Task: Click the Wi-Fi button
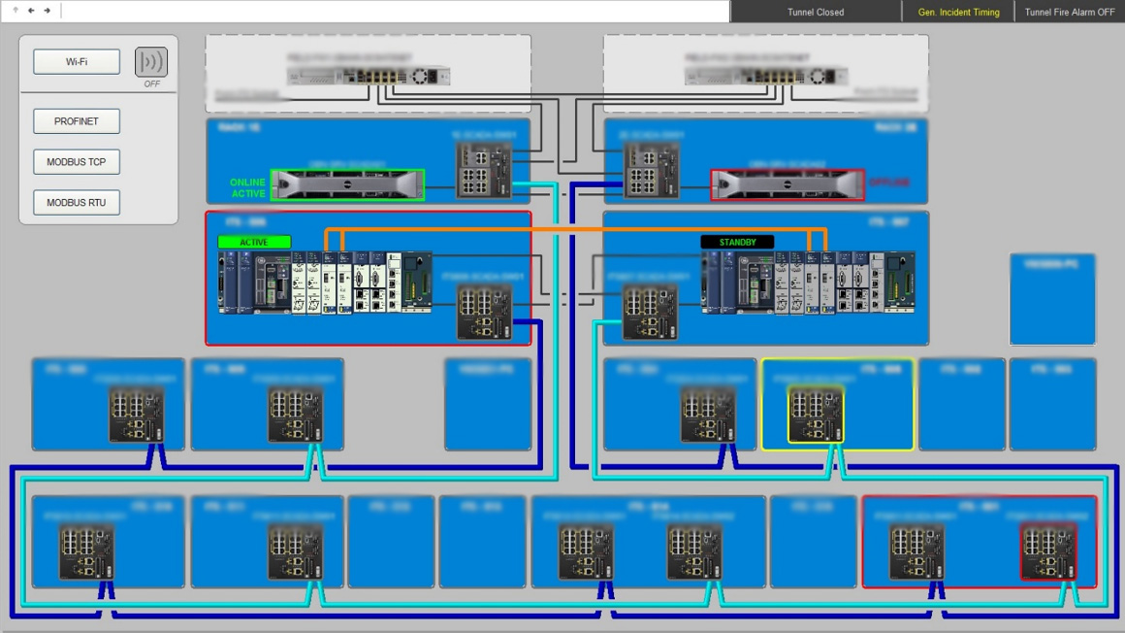pyautogui.click(x=77, y=62)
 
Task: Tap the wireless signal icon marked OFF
pyautogui.click(x=151, y=62)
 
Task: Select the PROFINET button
pyautogui.click(x=77, y=121)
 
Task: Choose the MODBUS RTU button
pyautogui.click(x=77, y=203)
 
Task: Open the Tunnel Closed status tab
pyautogui.click(x=815, y=13)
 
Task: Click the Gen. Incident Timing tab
pyautogui.click(x=958, y=13)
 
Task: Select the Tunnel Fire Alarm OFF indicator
pyautogui.click(x=1069, y=13)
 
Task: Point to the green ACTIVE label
pyautogui.click(x=254, y=242)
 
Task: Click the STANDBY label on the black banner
pyautogui.click(x=737, y=242)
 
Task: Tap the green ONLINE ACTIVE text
pyautogui.click(x=247, y=188)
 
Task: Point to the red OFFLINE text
pyautogui.click(x=888, y=183)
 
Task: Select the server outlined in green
pyautogui.click(x=347, y=184)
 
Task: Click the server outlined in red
pyautogui.click(x=787, y=184)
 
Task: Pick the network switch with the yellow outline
pyautogui.click(x=816, y=415)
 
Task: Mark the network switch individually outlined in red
pyautogui.click(x=1048, y=551)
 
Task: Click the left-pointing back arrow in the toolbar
pyautogui.click(x=31, y=11)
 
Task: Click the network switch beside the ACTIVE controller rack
pyautogui.click(x=483, y=314)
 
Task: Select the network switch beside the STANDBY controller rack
pyautogui.click(x=650, y=314)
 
